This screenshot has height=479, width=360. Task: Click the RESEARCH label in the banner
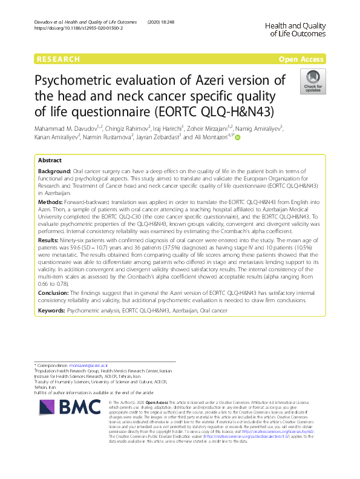pyautogui.click(x=58, y=59)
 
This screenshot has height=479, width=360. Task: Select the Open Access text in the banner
pyautogui.click(x=302, y=59)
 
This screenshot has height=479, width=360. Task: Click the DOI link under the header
pyautogui.click(x=78, y=28)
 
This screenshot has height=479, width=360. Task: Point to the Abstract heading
pyautogui.click(x=50, y=160)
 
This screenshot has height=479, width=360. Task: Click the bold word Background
pyautogui.click(x=54, y=172)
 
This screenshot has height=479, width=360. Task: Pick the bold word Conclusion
pyautogui.click(x=53, y=291)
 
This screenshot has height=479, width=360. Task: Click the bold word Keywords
pyautogui.click(x=51, y=309)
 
